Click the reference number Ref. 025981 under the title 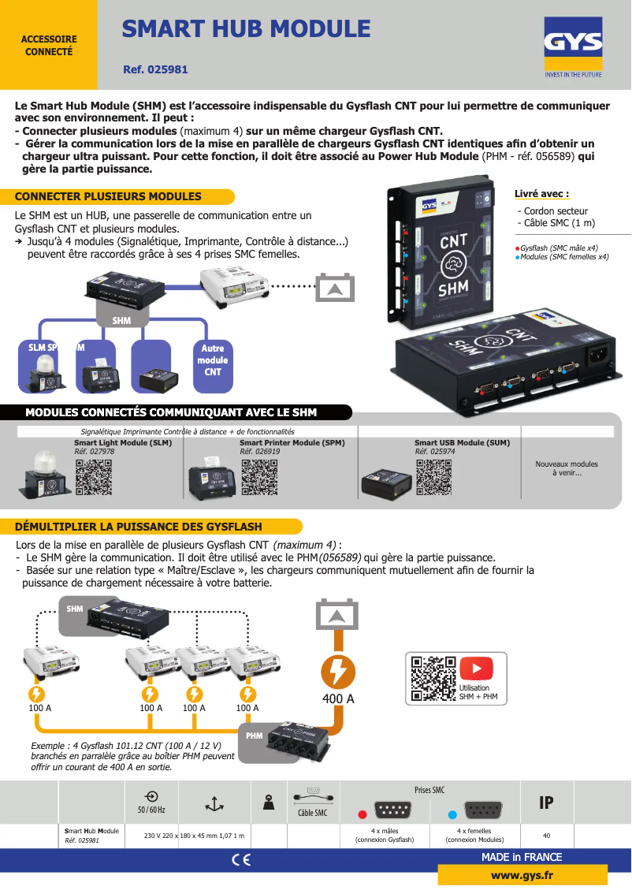tap(155, 69)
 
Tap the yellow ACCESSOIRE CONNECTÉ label tap(48, 45)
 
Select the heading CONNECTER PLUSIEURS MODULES tap(108, 196)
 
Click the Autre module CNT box tap(212, 360)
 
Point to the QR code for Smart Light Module tap(93, 478)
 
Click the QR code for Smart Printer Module tap(258, 478)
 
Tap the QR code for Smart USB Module tap(433, 478)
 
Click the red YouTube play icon tap(475, 669)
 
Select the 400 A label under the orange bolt tap(338, 698)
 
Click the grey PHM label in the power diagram tap(254, 736)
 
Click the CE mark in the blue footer tap(241, 860)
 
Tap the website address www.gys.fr tap(522, 875)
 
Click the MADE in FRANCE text tap(521, 857)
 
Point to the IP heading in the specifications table tap(545, 803)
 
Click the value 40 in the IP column tap(546, 836)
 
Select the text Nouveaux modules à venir tap(566, 468)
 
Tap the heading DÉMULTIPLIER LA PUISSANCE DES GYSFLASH tap(138, 527)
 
